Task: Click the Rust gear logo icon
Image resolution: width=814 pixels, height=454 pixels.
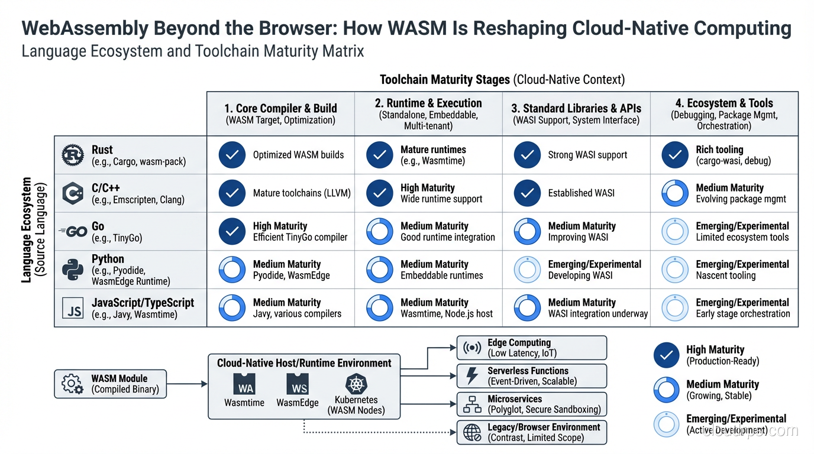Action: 73,155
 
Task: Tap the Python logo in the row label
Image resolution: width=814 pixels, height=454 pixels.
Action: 73,270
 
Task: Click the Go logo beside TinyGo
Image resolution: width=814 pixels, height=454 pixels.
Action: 74,232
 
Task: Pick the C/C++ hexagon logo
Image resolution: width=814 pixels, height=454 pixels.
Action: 73,193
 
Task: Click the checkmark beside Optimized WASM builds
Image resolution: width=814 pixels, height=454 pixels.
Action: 232,155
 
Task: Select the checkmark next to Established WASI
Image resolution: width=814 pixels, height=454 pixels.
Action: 527,193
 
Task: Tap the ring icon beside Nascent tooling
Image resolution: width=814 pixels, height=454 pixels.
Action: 674,270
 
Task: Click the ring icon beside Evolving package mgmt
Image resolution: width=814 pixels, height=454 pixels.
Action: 674,193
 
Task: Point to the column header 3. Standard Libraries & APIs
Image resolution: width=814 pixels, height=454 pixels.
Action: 576,109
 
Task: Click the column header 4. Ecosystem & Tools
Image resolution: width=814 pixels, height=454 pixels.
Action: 724,103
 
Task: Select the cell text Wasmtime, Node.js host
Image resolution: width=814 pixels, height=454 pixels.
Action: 447,314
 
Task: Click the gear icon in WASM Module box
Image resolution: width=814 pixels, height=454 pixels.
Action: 72,384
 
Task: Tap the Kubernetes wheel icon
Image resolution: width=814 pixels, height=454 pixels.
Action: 356,384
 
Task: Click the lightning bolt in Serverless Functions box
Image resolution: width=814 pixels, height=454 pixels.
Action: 472,376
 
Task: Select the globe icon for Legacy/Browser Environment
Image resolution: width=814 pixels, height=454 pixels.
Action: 472,433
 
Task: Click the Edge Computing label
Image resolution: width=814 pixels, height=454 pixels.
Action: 519,343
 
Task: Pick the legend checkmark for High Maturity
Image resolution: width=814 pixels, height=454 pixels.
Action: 666,355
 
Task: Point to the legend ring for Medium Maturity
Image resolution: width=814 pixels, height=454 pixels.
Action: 666,390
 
